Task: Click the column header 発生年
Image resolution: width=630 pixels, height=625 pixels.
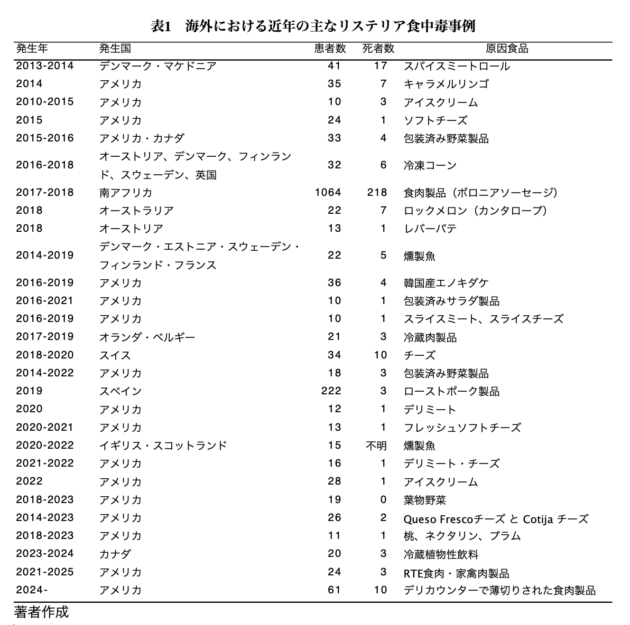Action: (x=32, y=49)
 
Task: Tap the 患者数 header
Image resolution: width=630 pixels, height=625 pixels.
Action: (x=330, y=49)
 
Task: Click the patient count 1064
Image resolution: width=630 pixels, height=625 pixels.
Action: (x=328, y=192)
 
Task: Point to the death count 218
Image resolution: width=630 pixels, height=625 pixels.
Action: (x=377, y=192)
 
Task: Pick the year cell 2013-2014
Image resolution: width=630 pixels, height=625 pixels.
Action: (x=45, y=66)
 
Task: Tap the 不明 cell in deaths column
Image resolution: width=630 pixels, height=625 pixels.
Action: (x=376, y=446)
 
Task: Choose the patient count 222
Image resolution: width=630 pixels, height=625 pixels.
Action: (x=331, y=391)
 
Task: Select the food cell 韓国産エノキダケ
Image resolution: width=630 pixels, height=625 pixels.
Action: (x=446, y=283)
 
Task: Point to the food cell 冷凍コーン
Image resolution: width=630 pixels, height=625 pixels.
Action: (x=430, y=165)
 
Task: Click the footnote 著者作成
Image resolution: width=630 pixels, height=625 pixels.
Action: (x=41, y=612)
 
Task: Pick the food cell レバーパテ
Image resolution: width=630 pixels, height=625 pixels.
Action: (x=430, y=229)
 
